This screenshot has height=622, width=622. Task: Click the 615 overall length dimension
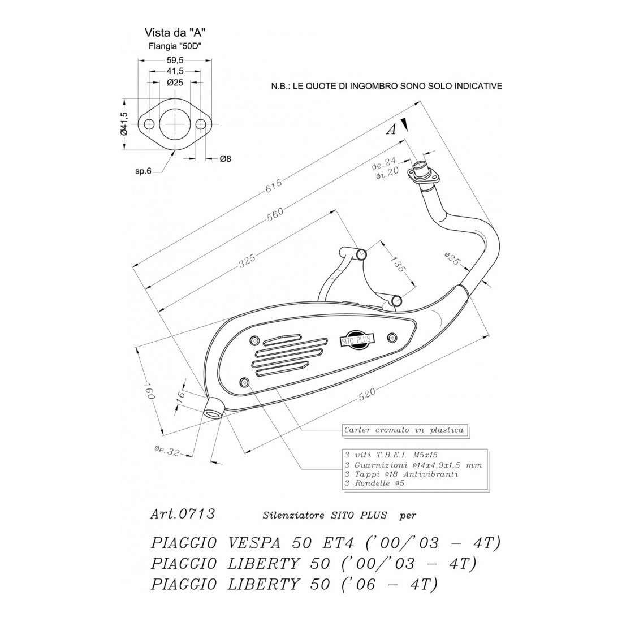tap(273, 187)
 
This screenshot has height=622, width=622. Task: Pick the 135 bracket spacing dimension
tap(398, 265)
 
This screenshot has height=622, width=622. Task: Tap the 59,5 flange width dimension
tap(174, 59)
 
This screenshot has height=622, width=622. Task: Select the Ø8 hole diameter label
tap(224, 159)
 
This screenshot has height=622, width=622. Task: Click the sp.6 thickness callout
tap(142, 171)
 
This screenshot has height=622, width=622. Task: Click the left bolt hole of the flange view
tap(150, 124)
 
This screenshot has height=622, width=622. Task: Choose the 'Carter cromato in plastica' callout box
tap(404, 430)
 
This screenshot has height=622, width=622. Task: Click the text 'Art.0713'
tap(182, 514)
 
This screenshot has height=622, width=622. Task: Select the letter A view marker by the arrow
tap(391, 130)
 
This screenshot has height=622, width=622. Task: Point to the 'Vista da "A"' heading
tap(174, 33)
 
